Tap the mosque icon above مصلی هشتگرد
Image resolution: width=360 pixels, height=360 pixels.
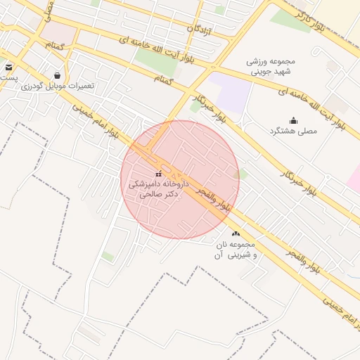coord(293,120)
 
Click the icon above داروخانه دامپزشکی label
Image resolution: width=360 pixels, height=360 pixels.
coord(158,174)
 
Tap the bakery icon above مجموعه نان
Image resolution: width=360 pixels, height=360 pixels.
coord(235,233)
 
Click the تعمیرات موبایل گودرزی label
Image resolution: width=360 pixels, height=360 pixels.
coord(58,86)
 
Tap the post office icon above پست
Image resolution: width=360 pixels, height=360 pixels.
coord(8,67)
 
